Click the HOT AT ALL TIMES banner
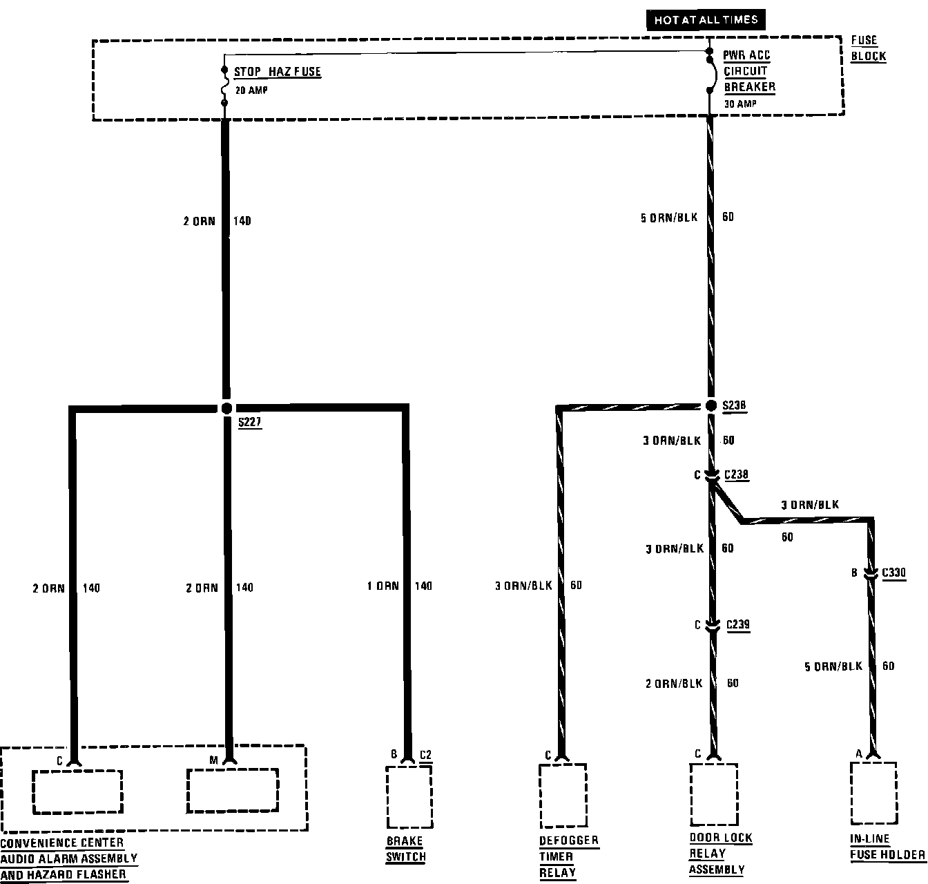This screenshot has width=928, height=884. [706, 19]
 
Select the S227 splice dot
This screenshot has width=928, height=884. [226, 408]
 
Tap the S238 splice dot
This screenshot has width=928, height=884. [710, 405]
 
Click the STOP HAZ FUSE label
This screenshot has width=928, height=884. [277, 72]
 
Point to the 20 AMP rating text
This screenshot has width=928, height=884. [251, 90]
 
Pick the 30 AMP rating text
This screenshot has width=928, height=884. [740, 104]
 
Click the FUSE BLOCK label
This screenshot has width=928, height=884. [868, 48]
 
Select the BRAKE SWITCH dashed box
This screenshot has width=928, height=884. [409, 796]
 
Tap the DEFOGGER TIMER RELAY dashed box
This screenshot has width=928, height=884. [563, 795]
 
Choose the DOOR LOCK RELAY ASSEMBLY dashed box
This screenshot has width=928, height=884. [713, 793]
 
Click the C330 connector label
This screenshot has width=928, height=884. [894, 573]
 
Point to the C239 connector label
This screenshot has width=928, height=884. [737, 625]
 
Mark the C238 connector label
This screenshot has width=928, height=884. [736, 475]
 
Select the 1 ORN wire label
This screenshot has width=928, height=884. [383, 586]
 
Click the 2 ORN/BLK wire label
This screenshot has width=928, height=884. [674, 683]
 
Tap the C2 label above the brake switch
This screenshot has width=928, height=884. [425, 755]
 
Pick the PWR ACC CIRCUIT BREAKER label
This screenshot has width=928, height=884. [749, 71]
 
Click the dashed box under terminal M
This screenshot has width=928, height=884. [233, 791]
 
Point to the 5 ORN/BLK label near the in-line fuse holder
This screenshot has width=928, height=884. [833, 666]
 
